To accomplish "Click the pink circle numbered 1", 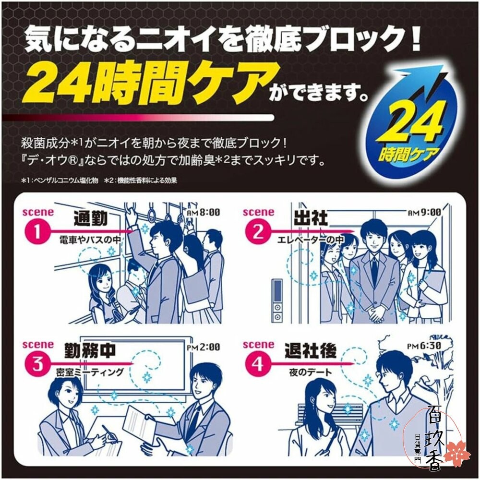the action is pos(37,231).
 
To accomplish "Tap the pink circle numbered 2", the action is pos(257,231).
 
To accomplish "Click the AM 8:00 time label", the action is pos(203,212).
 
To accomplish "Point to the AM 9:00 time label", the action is pos(425,212).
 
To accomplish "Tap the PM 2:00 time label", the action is pos(203,347).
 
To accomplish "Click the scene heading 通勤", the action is pos(91,218).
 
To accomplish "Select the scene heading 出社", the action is pos(311,218).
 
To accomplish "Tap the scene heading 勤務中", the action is pos(90,351).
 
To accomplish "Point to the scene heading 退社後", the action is pos(311,351).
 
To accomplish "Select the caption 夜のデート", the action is pos(311,372).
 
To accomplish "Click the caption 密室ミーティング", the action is pos(90,372).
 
